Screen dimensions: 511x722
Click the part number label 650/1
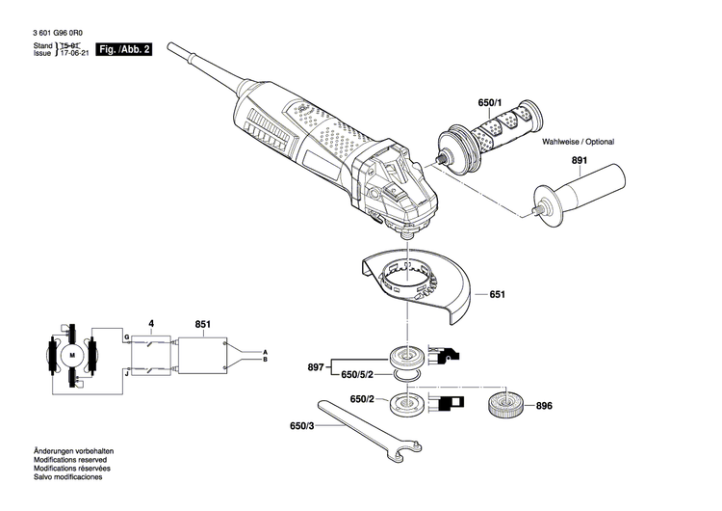point(490,102)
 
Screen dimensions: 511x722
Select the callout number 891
point(579,163)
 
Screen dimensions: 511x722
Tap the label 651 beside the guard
point(497,294)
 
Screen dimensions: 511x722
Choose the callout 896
point(545,406)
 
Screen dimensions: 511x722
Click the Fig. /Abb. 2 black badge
point(126,48)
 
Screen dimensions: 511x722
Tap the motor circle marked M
point(71,356)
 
